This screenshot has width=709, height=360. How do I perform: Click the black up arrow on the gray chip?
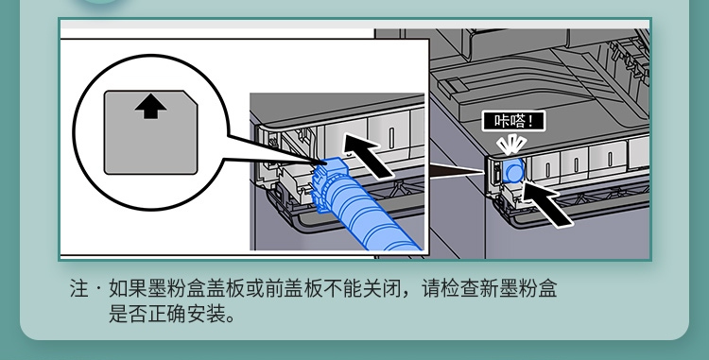coord(150,108)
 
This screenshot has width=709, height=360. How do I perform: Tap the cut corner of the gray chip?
coord(191,98)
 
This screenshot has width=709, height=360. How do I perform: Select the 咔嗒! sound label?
coord(513,121)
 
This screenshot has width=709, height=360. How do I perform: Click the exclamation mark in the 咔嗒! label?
coord(536,121)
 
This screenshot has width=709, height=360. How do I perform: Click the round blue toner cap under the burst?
coord(512,171)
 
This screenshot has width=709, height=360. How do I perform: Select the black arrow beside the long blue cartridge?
coord(367,156)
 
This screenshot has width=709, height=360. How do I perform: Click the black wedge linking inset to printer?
coord(456,171)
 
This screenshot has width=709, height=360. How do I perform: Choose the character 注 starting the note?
coord(78,288)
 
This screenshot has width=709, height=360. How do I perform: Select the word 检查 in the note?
coord(460,288)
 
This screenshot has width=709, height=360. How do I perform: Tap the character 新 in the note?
coord(490,288)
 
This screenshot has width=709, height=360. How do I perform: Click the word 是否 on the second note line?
coord(128,314)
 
